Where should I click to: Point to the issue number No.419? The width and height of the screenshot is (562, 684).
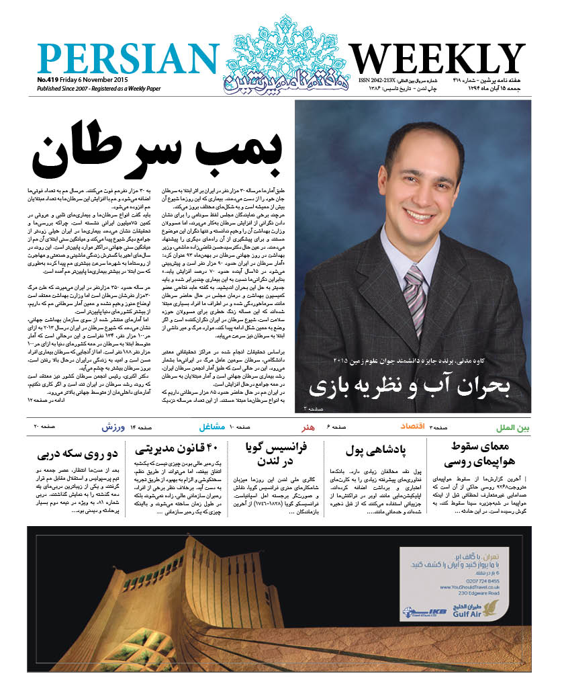(50, 79)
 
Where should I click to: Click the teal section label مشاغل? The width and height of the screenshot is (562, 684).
(212, 427)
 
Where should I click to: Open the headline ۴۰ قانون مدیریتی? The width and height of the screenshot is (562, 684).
(176, 447)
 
